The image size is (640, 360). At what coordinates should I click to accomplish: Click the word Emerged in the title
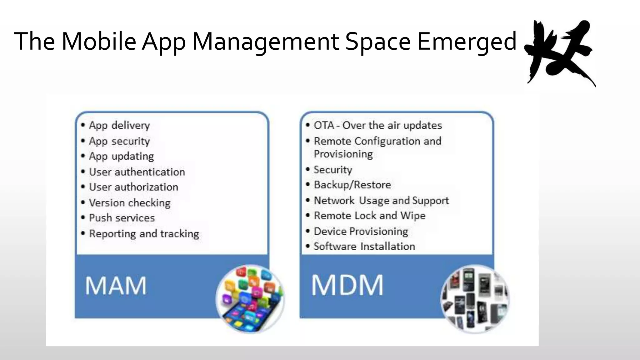(467, 42)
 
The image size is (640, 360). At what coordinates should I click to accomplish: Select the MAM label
(116, 286)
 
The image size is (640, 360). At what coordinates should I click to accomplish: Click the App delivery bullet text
(119, 126)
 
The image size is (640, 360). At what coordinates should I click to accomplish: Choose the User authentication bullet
(137, 172)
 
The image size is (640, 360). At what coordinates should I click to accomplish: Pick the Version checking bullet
(130, 203)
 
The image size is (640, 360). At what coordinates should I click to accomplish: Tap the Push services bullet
(122, 218)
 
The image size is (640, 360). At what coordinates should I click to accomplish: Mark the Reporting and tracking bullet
(144, 234)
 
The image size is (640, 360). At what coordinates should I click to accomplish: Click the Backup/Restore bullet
(352, 185)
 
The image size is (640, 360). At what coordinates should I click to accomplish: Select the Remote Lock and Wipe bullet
(370, 216)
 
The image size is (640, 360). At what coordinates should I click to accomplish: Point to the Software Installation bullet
(364, 247)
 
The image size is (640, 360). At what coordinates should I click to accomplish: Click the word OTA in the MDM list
(324, 125)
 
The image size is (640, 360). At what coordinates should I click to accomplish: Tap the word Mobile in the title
(99, 42)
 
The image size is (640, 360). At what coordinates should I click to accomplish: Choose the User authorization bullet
(133, 187)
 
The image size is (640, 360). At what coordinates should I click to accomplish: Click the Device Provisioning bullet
(361, 232)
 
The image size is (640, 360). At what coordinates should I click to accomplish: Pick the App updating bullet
(121, 156)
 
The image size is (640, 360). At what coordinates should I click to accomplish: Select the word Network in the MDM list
(334, 200)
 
